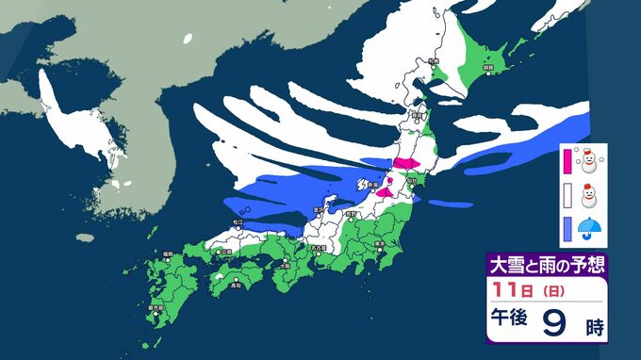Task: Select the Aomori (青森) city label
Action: click(x=417, y=115)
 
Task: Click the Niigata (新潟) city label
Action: click(x=374, y=185)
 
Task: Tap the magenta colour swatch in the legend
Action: click(x=567, y=161)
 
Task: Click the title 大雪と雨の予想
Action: click(x=545, y=263)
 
